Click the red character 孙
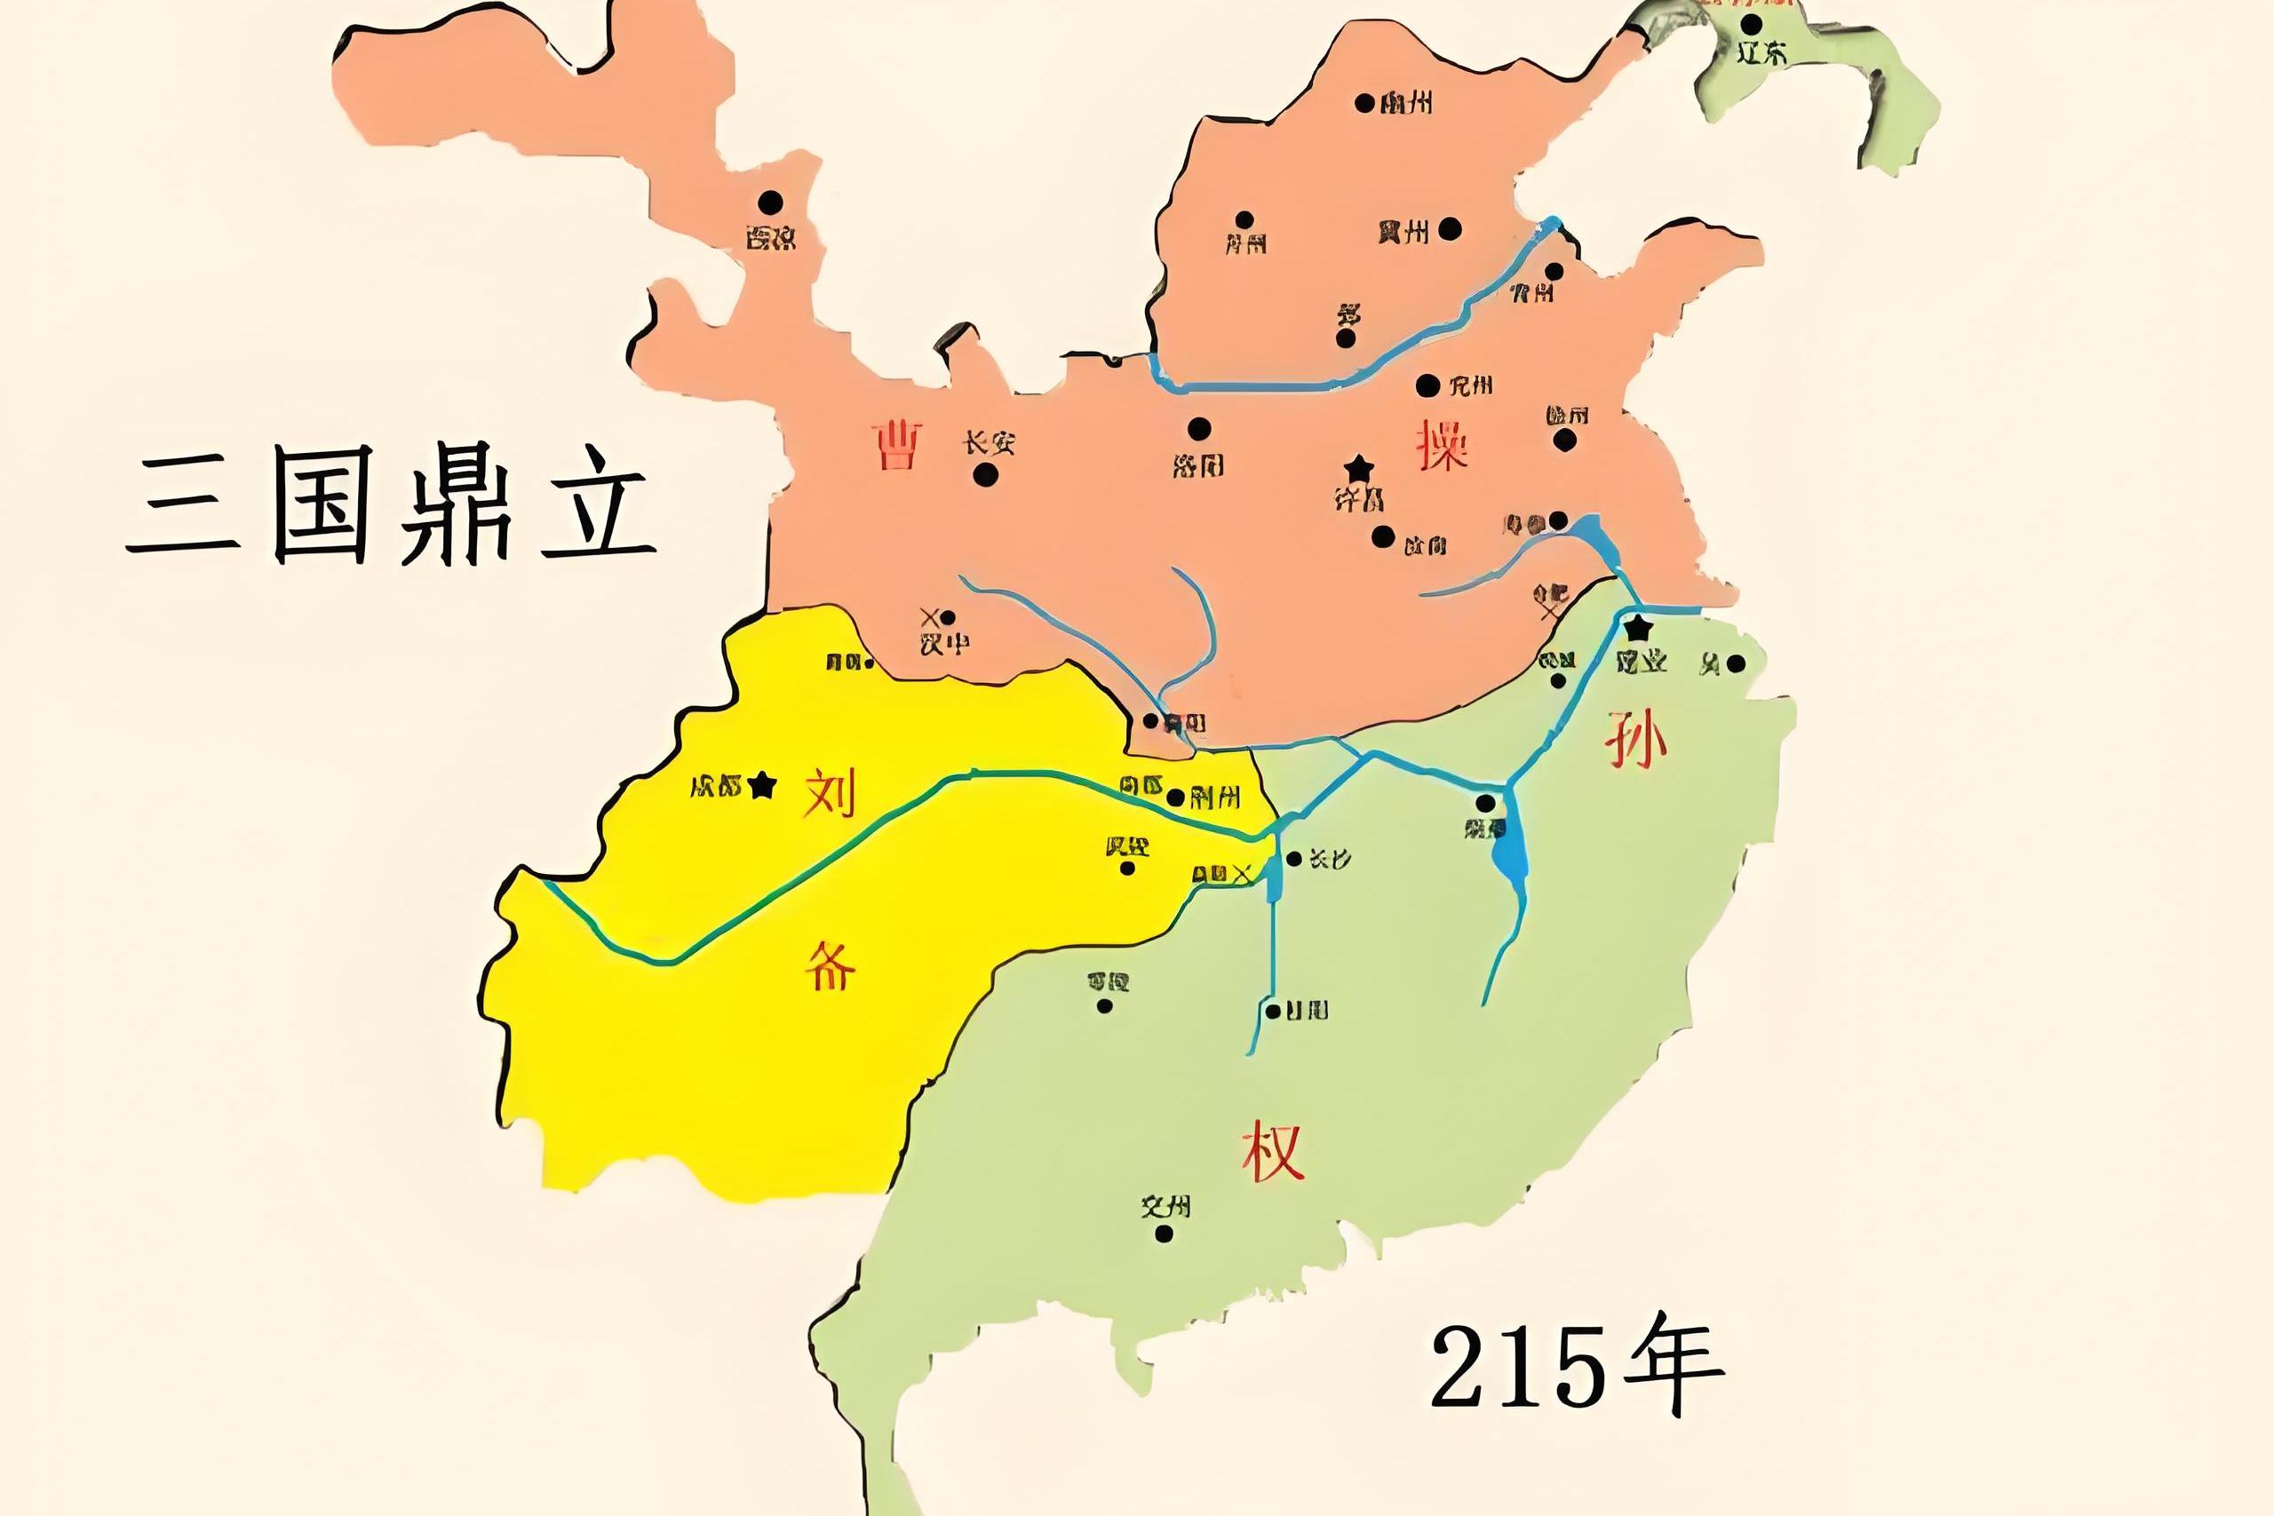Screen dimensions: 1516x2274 (x=1635, y=742)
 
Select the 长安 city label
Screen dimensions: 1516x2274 (x=988, y=444)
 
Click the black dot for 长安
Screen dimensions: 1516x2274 (x=985, y=475)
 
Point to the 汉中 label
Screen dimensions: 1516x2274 (x=943, y=643)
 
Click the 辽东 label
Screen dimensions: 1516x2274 (x=1761, y=53)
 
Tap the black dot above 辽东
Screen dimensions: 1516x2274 (x=1751, y=24)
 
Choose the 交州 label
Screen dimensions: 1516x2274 (x=1165, y=1206)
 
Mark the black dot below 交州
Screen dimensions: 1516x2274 (x=1164, y=1234)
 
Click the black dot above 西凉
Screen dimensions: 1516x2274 (x=770, y=202)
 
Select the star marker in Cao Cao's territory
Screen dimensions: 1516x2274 (x=1359, y=469)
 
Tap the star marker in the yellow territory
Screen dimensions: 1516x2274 (x=763, y=784)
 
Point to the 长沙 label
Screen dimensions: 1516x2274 (x=1330, y=859)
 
